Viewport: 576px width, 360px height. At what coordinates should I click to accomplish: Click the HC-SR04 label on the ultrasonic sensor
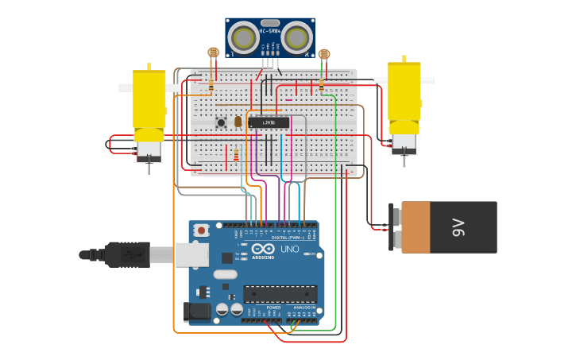coord(269,31)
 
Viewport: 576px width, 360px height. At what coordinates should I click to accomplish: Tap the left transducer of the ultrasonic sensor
coord(243,37)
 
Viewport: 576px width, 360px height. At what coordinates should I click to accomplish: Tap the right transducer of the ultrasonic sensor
coord(296,37)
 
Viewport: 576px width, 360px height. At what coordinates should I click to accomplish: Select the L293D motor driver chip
coord(269,122)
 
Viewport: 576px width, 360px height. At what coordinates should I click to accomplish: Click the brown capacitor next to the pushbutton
coord(238,121)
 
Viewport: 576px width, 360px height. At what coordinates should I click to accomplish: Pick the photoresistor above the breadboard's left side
coord(213,53)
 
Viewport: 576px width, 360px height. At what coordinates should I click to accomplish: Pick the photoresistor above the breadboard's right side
coord(323,54)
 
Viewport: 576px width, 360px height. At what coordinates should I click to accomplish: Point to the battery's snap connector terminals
coord(394,227)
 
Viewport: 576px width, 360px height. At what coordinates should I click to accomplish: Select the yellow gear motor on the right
coord(404,99)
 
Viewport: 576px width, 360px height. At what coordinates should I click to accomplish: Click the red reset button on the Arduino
coord(202,230)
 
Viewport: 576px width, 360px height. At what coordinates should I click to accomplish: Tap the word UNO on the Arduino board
coord(288,250)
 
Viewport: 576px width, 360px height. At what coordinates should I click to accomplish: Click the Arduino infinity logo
coord(262,249)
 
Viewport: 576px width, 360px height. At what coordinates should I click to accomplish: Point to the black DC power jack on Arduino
coord(196,312)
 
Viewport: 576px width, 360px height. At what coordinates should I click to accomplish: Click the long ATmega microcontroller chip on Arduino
coord(280,293)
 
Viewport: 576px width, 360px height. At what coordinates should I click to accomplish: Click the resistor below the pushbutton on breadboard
coord(236,154)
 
